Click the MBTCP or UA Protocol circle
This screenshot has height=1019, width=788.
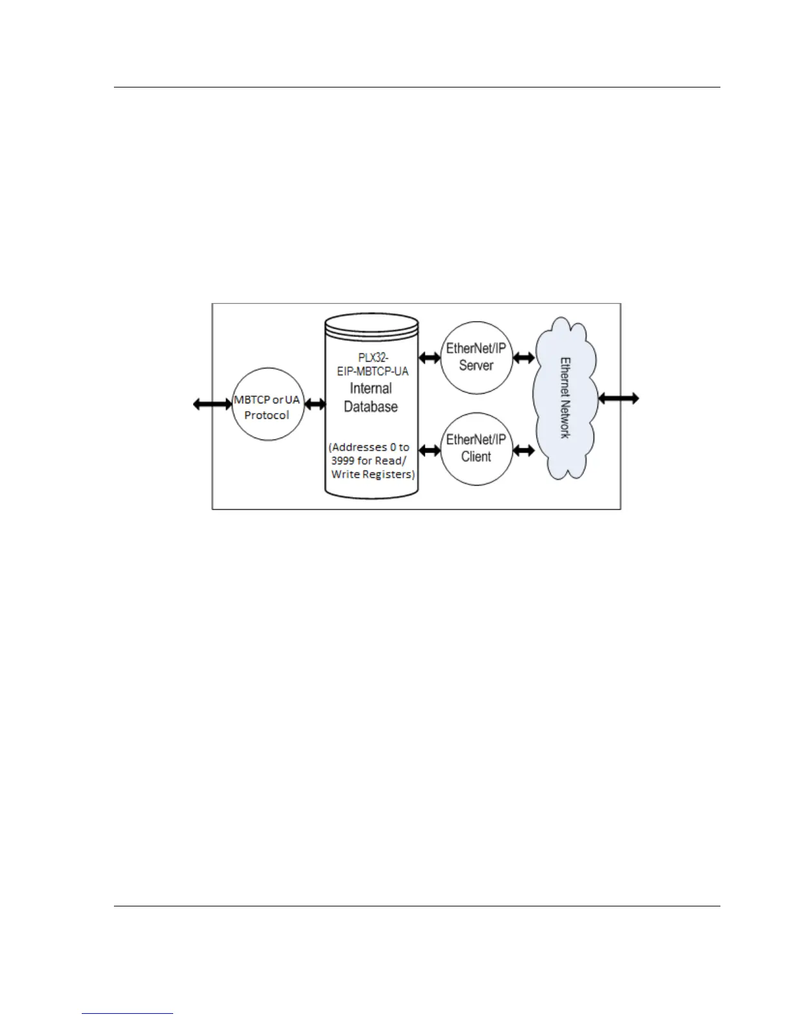(x=267, y=405)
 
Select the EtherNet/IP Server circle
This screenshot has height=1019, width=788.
(x=476, y=358)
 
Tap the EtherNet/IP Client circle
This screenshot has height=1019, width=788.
(x=476, y=449)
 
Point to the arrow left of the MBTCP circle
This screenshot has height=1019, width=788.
(x=212, y=404)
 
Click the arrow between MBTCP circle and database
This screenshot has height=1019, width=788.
(x=315, y=404)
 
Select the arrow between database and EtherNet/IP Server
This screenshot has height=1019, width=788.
(x=429, y=357)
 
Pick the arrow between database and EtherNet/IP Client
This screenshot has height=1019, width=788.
(x=429, y=448)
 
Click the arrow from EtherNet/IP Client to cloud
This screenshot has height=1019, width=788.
(x=523, y=451)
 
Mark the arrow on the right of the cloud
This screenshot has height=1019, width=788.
(x=619, y=399)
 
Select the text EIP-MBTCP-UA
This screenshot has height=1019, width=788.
(x=373, y=371)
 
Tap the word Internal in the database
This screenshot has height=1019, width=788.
(x=371, y=389)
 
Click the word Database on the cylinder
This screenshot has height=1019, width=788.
(x=371, y=407)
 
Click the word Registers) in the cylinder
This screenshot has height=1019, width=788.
(x=389, y=474)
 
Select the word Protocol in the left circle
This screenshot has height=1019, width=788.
(x=267, y=415)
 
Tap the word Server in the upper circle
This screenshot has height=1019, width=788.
(x=476, y=365)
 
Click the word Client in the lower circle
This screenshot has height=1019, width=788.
(x=476, y=457)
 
